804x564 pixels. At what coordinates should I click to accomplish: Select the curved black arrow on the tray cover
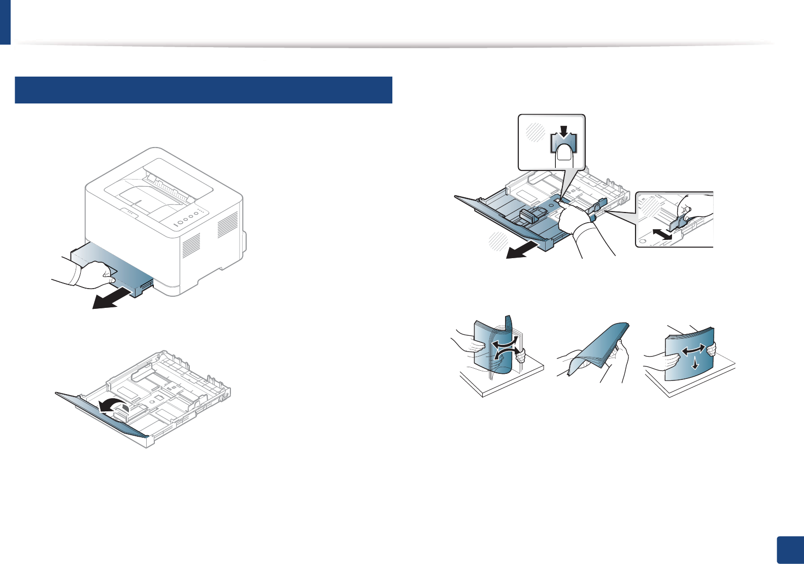[x=113, y=405]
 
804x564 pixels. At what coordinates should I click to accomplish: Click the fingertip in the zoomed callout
[x=564, y=155]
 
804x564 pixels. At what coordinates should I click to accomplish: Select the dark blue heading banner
[x=204, y=90]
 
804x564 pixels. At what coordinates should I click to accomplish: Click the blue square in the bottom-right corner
[x=790, y=550]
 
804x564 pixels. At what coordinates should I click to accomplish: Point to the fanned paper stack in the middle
[x=599, y=350]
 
